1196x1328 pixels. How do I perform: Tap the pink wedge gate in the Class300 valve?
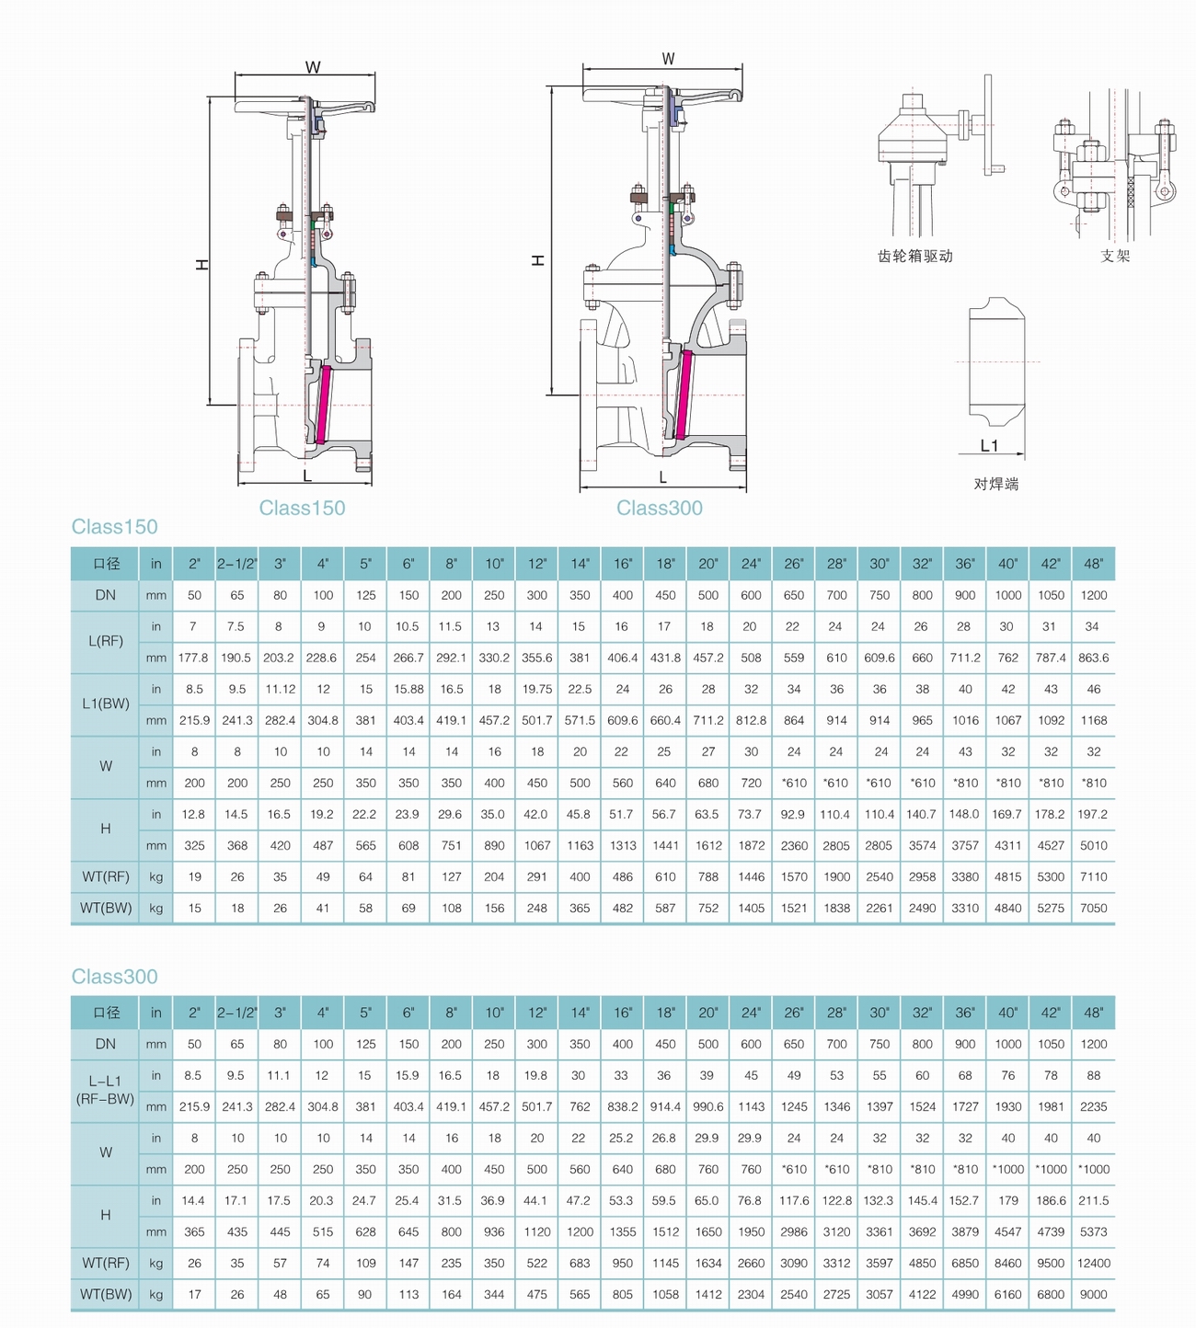point(684,395)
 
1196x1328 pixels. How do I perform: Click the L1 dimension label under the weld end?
point(989,445)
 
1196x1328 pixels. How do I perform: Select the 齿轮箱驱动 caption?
point(915,257)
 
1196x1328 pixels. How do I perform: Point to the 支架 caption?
point(1115,257)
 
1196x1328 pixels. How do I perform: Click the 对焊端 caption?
point(996,484)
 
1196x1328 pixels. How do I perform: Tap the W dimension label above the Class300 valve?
point(668,59)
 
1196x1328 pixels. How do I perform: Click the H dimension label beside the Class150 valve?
point(202,265)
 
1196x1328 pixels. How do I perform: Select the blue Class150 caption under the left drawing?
point(302,508)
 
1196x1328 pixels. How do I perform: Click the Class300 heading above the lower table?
point(115,977)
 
